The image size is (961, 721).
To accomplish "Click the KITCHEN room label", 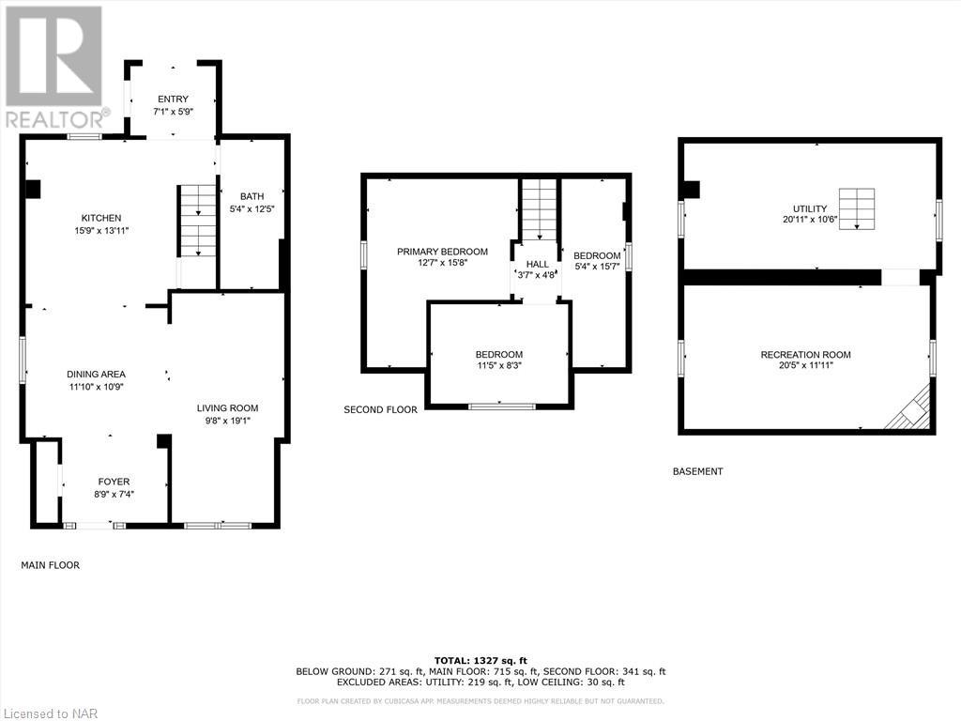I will pyautogui.click(x=100, y=218).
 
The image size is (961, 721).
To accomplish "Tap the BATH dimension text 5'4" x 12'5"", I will pyautogui.click(x=251, y=208).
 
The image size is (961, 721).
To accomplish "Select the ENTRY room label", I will pyautogui.click(x=173, y=99).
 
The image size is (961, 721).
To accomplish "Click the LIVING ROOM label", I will pyautogui.click(x=227, y=407).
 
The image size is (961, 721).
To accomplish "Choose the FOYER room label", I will pyautogui.click(x=114, y=482).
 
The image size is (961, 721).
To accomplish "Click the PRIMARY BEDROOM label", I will pyautogui.click(x=442, y=251).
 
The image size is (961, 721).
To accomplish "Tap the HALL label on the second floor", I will pyautogui.click(x=537, y=264).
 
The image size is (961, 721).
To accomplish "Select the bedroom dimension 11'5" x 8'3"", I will pyautogui.click(x=498, y=366).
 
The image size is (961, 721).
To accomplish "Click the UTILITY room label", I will pyautogui.click(x=808, y=208).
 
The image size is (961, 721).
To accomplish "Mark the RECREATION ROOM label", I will pyautogui.click(x=805, y=354).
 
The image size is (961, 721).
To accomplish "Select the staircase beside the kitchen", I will pyautogui.click(x=197, y=221).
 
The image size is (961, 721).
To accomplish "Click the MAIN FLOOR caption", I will pyautogui.click(x=51, y=565).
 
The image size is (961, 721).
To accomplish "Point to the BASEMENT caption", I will pyautogui.click(x=697, y=471).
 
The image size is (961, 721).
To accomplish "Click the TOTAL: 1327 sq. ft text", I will pyautogui.click(x=480, y=660).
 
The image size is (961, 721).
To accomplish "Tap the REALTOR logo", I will pyautogui.click(x=55, y=67).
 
